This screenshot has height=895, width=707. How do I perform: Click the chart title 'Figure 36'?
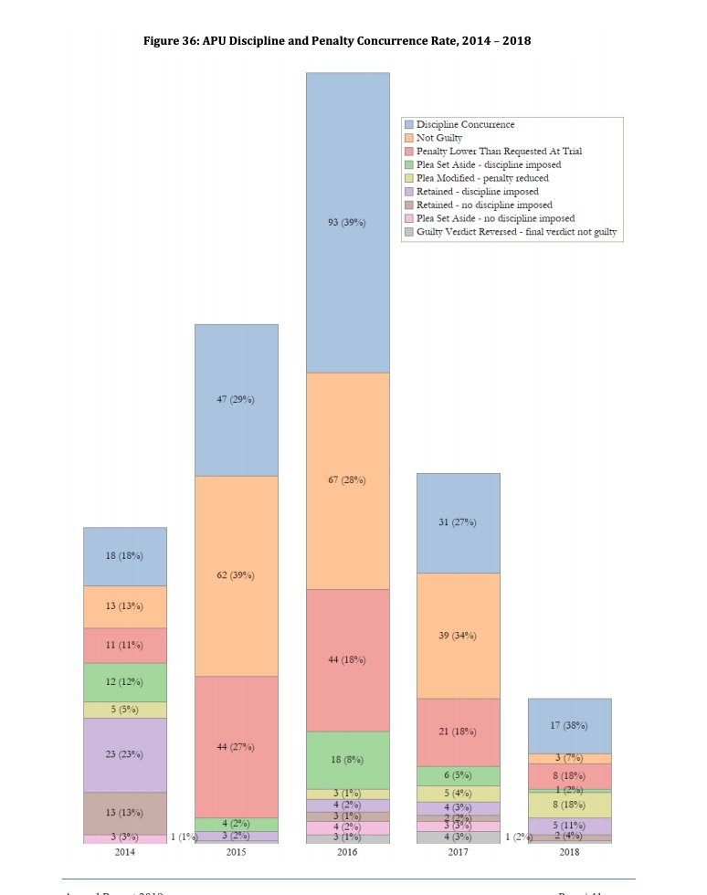click(338, 41)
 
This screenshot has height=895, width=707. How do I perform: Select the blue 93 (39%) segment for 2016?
click(347, 222)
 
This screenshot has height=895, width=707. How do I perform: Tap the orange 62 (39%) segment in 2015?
click(236, 575)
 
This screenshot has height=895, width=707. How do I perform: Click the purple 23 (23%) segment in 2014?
click(124, 754)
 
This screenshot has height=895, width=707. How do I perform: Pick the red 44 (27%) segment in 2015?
click(236, 746)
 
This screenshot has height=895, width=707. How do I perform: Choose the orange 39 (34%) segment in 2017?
click(458, 635)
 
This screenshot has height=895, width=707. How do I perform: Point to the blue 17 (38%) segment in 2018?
click(569, 725)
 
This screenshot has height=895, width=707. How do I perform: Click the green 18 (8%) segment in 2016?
click(347, 759)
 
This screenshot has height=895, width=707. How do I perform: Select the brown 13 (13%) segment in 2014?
click(124, 813)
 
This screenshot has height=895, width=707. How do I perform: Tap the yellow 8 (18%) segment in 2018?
click(569, 805)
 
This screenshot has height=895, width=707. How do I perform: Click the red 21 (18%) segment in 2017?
click(458, 732)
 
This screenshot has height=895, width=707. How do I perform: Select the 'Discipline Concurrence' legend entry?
click(465, 124)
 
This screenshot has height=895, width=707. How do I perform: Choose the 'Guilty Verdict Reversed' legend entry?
click(516, 232)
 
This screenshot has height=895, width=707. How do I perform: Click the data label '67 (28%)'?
click(347, 480)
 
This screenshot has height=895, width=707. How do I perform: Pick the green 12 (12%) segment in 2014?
click(124, 682)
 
